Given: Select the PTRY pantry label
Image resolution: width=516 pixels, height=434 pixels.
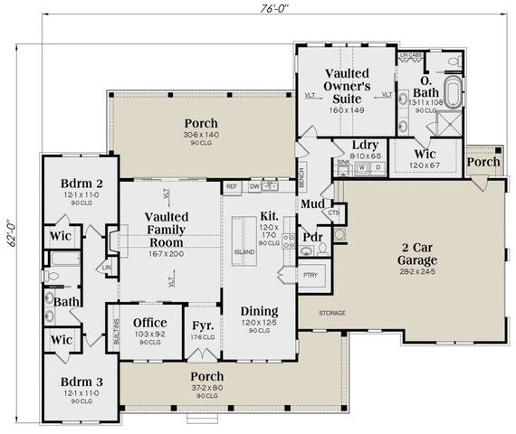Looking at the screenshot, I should [311, 274].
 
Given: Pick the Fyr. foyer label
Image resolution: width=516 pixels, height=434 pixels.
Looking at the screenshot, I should [203, 325].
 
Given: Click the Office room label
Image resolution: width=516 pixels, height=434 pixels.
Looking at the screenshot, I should [149, 323].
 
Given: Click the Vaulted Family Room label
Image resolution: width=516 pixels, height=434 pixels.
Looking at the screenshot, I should [168, 230].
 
